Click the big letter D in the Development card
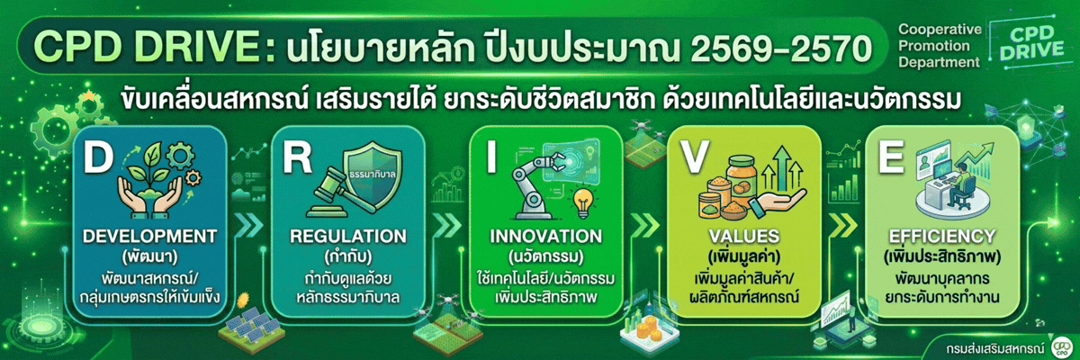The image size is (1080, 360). (98, 157)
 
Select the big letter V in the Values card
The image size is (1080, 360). (694, 157)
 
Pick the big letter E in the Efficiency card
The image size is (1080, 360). (890, 157)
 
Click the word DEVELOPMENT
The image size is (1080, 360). (150, 236)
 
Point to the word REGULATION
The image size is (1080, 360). (348, 236)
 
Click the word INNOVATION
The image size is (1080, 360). (546, 236)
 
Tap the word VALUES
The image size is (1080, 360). (744, 236)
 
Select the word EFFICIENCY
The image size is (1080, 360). (942, 236)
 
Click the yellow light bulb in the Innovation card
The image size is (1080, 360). (583, 202)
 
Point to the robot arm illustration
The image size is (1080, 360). (536, 185)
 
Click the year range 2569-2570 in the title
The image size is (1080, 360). (781, 49)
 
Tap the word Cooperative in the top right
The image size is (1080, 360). (940, 30)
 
